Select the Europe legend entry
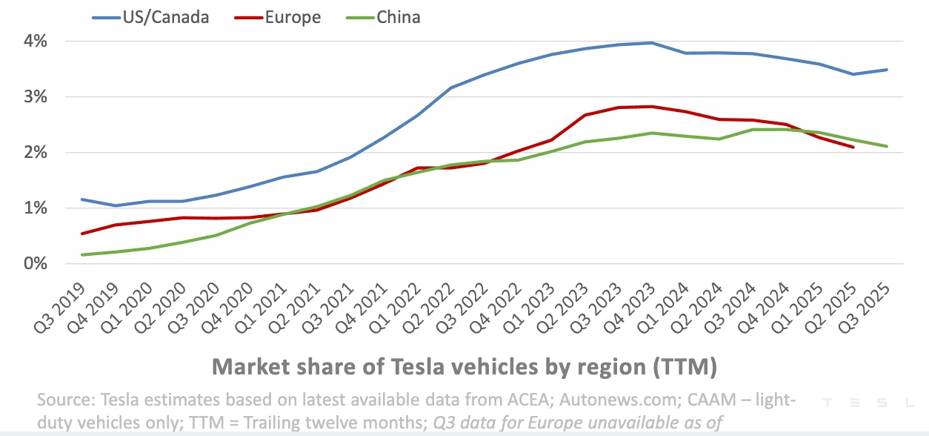pyautogui.click(x=293, y=17)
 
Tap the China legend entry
pyautogui.click(x=398, y=17)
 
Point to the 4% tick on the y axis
pyautogui.click(x=34, y=42)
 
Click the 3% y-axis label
pyautogui.click(x=34, y=97)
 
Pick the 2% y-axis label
pyautogui.click(x=34, y=153)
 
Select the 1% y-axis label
pyautogui.click(x=34, y=208)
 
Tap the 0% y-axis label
pyautogui.click(x=34, y=264)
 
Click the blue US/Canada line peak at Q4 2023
pyautogui.click(x=651, y=43)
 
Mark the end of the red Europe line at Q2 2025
pyautogui.click(x=853, y=147)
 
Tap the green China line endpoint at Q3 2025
pyautogui.click(x=887, y=146)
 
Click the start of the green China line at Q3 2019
pyautogui.click(x=82, y=255)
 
